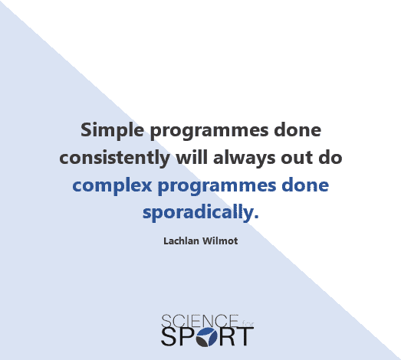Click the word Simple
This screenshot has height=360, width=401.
pos(112,130)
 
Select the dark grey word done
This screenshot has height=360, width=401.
pos(297,129)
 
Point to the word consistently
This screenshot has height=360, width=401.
pos(114,157)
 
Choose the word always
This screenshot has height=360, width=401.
pos(245,159)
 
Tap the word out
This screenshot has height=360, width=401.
pos(297,158)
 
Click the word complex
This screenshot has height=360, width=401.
pos(112,186)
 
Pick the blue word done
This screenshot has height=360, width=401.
pos(305,185)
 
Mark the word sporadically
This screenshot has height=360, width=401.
pos(198,213)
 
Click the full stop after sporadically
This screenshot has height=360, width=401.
pos(257,217)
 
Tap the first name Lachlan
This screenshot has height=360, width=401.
pos(181,241)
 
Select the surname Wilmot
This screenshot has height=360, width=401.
pos(220,241)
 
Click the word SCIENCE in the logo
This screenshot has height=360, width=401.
pos(199,321)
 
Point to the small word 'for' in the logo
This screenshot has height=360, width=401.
pos(248,324)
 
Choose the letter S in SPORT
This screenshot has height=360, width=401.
pos(169,337)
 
